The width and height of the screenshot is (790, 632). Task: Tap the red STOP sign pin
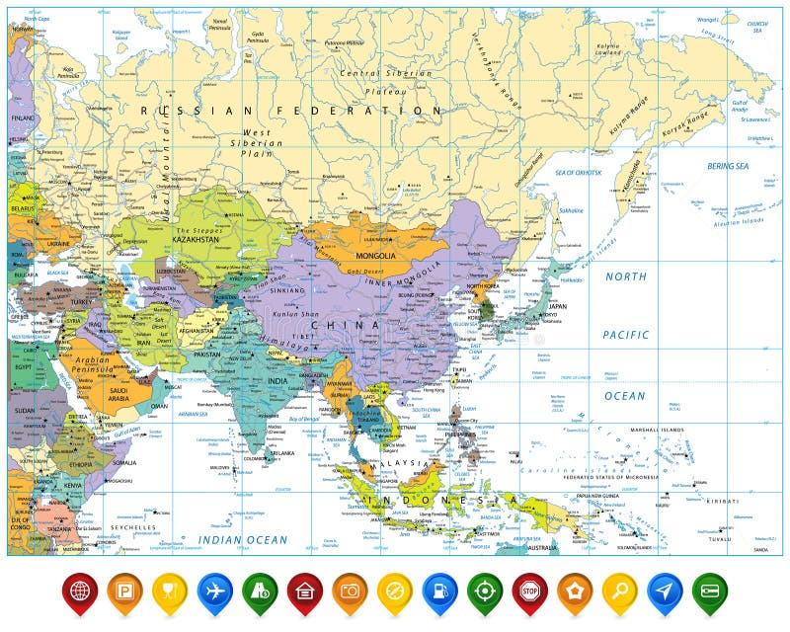click(x=529, y=590)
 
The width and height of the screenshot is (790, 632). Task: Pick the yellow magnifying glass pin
click(x=619, y=590)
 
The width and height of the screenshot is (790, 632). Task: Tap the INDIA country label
click(x=279, y=381)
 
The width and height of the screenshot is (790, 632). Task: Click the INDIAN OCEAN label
click(x=242, y=539)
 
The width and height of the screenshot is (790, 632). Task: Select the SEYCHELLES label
click(x=133, y=527)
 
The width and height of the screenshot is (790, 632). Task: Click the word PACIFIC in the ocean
click(x=626, y=335)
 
